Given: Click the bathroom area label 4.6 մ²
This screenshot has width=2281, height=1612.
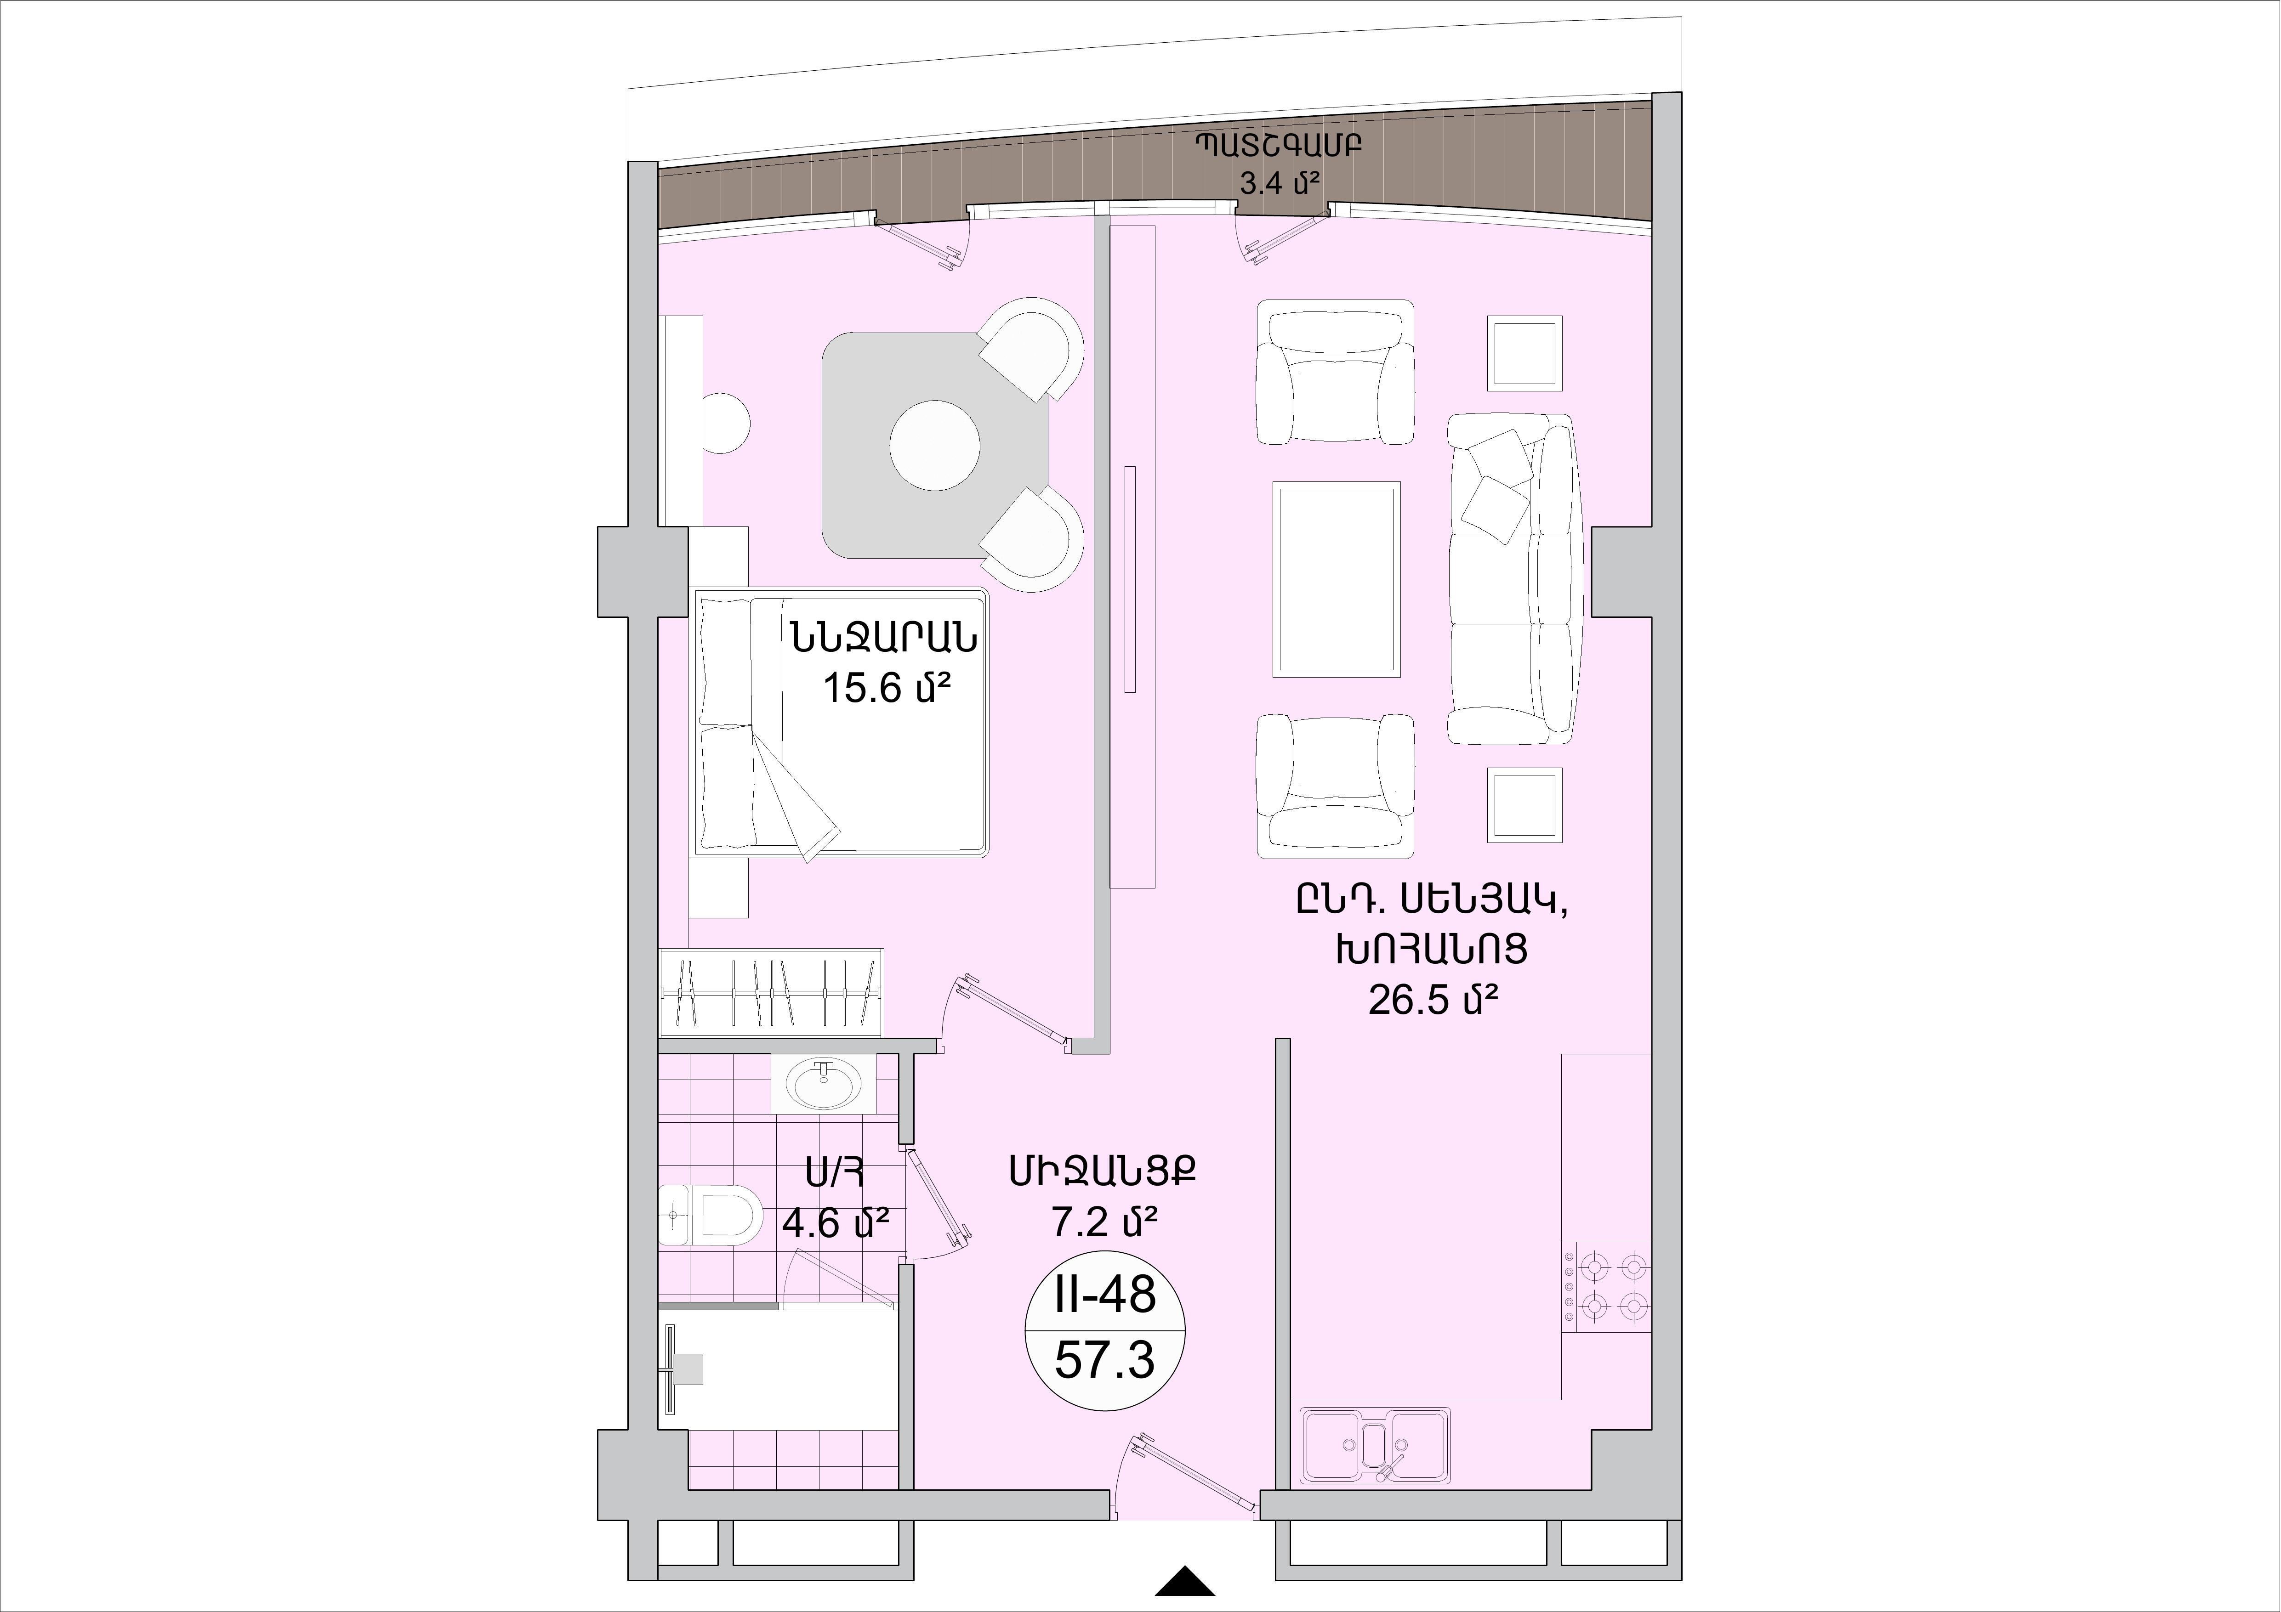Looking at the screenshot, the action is click(835, 1222).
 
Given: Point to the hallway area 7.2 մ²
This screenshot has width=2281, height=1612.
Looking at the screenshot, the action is click(1105, 1222).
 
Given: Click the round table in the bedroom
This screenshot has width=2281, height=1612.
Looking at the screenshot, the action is click(935, 445).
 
